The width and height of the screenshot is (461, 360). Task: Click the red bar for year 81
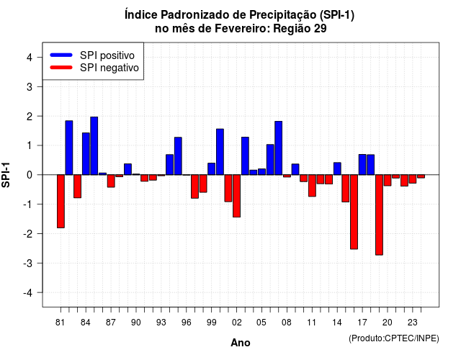tap(61, 202)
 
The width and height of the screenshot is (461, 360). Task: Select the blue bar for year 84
tap(86, 153)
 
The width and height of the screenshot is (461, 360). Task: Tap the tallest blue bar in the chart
tap(94, 145)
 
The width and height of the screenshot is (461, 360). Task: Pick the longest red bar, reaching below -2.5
tap(380, 215)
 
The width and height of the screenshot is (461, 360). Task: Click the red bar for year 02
tap(237, 196)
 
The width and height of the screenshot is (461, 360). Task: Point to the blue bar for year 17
tap(362, 165)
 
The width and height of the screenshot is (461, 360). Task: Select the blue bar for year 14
tap(337, 168)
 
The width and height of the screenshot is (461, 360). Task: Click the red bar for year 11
tap(312, 186)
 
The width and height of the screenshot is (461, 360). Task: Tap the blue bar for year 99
tap(211, 169)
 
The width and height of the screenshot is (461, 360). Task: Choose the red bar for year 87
tap(111, 181)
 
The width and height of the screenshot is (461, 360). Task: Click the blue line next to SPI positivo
tap(61, 55)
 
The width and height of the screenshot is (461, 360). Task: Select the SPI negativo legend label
tap(109, 68)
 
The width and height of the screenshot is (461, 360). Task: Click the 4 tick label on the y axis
tap(30, 58)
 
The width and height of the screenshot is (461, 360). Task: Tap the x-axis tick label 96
tap(187, 323)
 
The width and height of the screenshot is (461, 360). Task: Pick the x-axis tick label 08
tap(287, 323)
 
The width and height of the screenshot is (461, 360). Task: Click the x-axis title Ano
tap(241, 343)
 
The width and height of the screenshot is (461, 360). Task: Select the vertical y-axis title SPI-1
tap(6, 175)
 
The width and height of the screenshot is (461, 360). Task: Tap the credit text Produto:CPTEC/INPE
tap(394, 338)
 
